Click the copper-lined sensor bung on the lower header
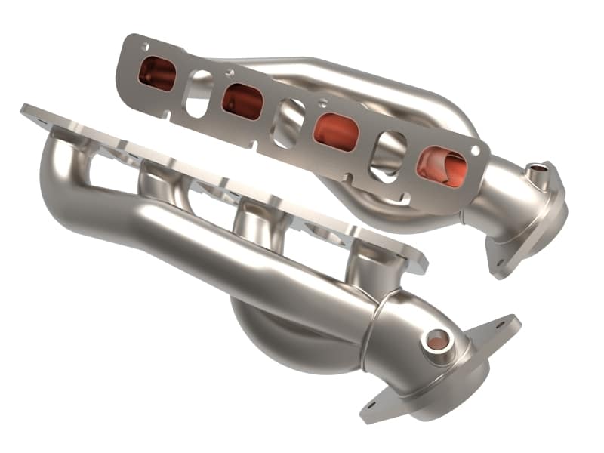[435, 341]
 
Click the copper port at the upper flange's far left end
[158, 74]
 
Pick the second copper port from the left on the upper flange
[242, 100]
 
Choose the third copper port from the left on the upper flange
[335, 131]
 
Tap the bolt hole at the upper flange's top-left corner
[143, 47]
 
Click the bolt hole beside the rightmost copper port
[475, 151]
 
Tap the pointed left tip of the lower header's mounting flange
[24, 109]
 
